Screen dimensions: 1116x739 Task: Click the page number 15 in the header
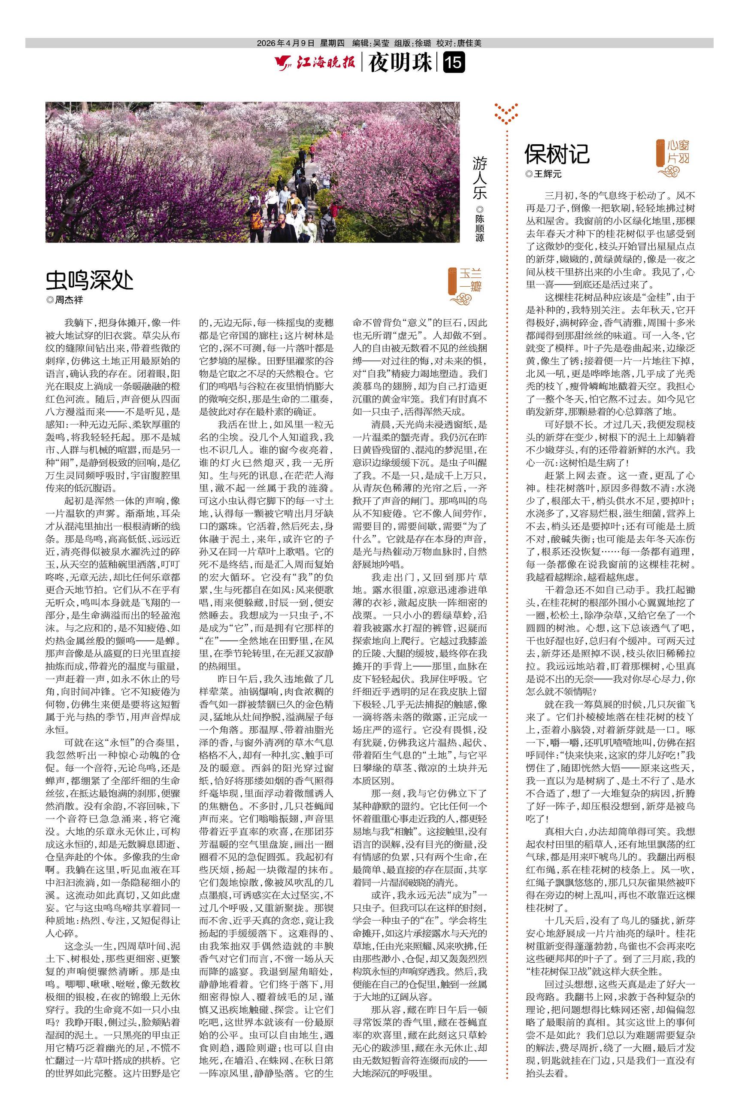tap(454, 63)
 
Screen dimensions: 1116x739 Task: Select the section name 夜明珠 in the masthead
tap(400, 63)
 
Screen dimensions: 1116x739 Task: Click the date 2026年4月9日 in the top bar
tap(285, 43)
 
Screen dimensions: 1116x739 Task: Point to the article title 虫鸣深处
tap(90, 280)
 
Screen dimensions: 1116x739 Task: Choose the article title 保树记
tap(557, 154)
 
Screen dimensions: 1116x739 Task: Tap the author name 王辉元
tap(547, 174)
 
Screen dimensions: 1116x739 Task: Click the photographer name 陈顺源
tap(479, 225)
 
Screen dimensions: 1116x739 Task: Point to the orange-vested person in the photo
tap(256, 217)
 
